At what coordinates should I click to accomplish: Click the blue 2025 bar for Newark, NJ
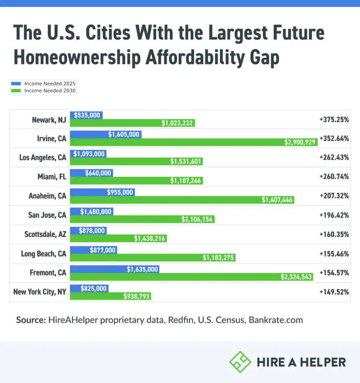click(86, 115)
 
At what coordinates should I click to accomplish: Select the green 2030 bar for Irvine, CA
click(194, 142)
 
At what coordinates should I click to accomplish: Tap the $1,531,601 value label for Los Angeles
click(186, 161)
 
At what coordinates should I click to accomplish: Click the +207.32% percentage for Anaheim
click(334, 196)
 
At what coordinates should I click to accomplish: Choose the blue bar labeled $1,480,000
click(92, 212)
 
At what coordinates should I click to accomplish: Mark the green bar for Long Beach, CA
click(153, 257)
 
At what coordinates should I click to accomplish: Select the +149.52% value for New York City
click(334, 292)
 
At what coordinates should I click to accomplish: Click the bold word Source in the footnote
click(30, 320)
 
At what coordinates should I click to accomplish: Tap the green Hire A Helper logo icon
click(240, 362)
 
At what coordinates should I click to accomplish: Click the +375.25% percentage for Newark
click(334, 119)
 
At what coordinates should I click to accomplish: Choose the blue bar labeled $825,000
click(89, 288)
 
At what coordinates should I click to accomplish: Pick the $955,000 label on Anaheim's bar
click(120, 192)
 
